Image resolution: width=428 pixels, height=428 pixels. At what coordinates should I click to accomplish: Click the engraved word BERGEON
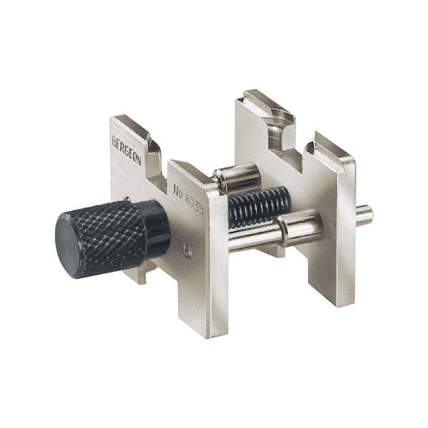pyautogui.click(x=126, y=150)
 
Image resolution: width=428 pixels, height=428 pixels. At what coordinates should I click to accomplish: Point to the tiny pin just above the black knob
pyautogui.click(x=127, y=199)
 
